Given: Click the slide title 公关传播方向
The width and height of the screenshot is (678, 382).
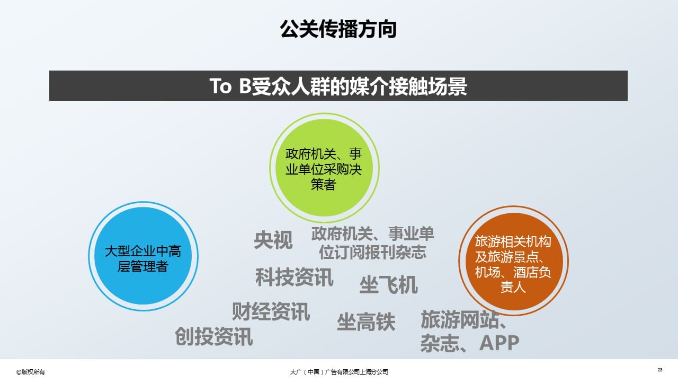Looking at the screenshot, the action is coord(338,29).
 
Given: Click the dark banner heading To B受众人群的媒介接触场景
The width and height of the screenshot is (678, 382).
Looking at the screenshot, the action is coord(338,86).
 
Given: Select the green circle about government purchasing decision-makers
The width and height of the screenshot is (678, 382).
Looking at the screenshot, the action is coord(324,168).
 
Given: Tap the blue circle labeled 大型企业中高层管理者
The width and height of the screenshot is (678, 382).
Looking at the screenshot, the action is coord(143,256).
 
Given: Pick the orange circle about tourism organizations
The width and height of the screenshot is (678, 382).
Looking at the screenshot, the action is coord(513,261).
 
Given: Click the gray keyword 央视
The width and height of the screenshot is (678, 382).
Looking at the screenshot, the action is coord(273,240).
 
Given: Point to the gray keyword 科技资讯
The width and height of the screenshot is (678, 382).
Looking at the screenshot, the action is coord(294,277).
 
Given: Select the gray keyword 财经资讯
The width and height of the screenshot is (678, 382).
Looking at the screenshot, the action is coord(271,311).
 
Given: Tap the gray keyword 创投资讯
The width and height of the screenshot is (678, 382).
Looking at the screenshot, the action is coord(213,336).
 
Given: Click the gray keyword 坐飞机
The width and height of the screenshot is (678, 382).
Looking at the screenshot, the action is coord(389,285).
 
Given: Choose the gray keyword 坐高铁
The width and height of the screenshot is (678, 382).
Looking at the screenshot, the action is coord(366,322).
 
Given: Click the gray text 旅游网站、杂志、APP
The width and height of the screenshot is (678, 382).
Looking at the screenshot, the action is coord(470,331).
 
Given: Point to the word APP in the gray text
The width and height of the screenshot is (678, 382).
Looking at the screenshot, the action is coord(499,343).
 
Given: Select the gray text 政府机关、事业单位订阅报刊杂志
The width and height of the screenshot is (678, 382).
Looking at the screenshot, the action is coord(372,243).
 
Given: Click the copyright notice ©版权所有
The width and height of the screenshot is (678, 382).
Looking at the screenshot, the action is coord(31,372).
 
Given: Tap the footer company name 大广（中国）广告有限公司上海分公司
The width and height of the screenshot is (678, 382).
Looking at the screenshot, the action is coord(339,372).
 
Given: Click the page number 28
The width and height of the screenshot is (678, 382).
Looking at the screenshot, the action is coord(660,370).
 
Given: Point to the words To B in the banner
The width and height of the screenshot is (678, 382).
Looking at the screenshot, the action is coord(230,86).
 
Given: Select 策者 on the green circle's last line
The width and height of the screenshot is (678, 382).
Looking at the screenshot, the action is coord(324,184).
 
